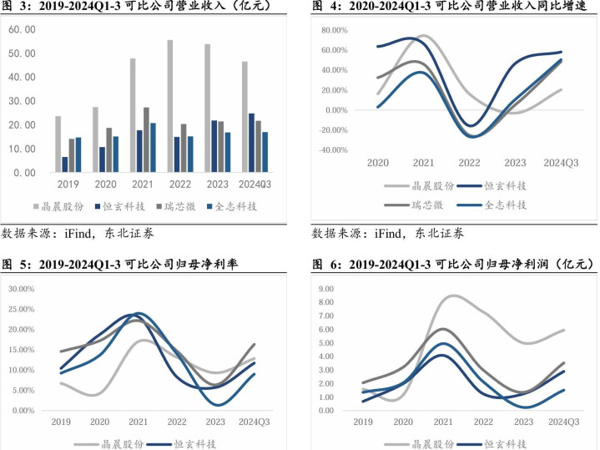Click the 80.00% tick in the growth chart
(x=333, y=30)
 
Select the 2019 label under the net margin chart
(x=60, y=422)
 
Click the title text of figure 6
(x=455, y=265)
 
